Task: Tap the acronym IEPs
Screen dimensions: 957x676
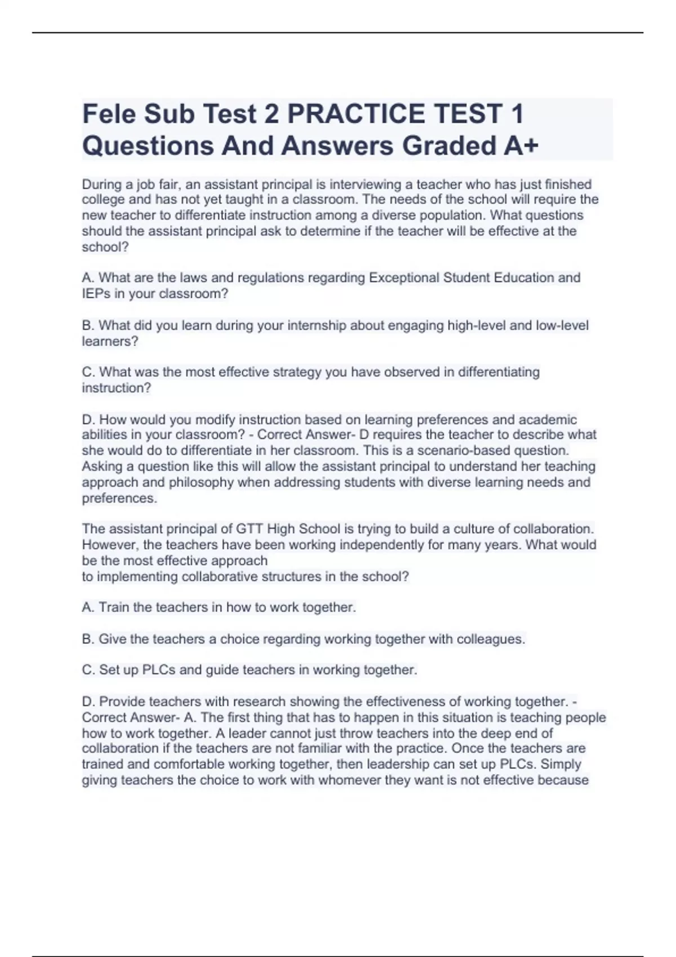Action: tap(96, 294)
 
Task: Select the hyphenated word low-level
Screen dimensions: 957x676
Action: tap(562, 325)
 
